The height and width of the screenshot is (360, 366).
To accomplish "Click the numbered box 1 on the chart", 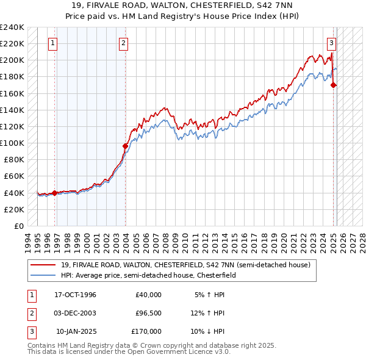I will tap(53, 43).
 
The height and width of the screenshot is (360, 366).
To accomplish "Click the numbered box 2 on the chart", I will tap(123, 43).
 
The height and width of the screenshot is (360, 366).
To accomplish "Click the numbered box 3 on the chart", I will tap(331, 43).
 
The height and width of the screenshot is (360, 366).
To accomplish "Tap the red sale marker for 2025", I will tap(334, 85).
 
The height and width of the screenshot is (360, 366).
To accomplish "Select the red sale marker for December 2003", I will tap(125, 146).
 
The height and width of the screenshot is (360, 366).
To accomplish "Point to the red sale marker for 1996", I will tap(54, 193).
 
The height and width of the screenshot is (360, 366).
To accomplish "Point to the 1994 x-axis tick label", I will tap(28, 241).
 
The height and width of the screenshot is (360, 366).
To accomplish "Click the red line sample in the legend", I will tap(43, 265).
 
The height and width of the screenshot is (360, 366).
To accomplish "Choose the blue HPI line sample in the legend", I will tap(43, 275).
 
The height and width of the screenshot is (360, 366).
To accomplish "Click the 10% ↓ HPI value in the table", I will tap(208, 331).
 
